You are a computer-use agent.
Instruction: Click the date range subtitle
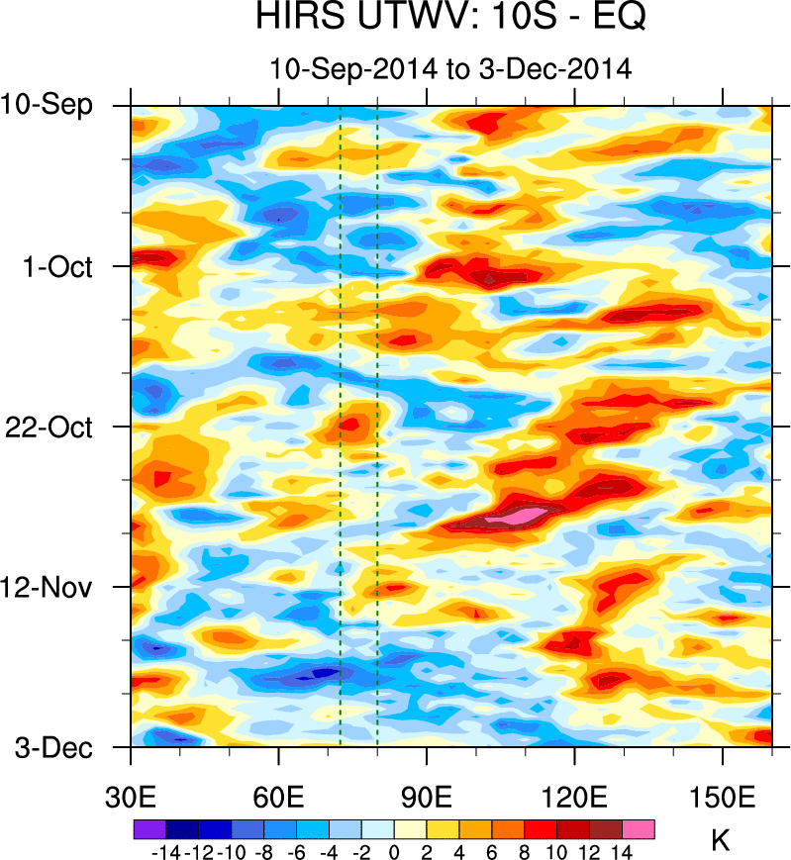point(450,69)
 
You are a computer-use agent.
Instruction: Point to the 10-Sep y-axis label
point(48,104)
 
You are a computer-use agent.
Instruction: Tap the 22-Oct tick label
point(54,427)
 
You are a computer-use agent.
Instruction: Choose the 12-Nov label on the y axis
point(54,587)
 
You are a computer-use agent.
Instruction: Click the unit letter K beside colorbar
point(721,842)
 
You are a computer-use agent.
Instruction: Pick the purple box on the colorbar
point(148,829)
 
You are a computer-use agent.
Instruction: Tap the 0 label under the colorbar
point(394,851)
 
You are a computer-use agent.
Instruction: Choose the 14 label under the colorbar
point(623,851)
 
